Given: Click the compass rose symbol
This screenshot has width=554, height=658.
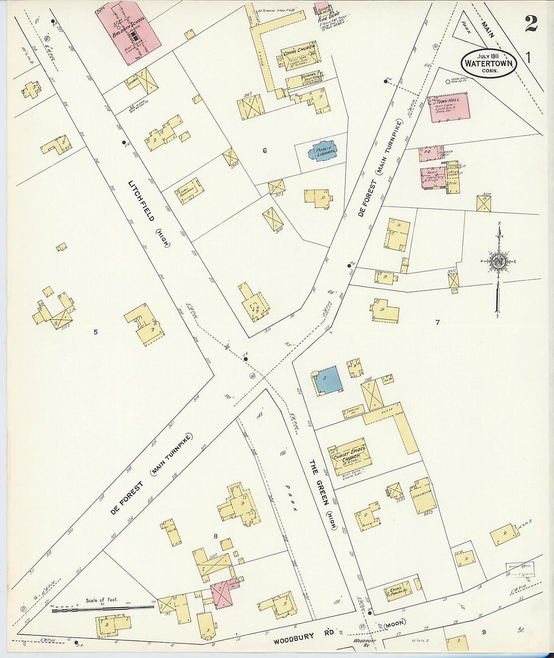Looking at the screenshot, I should coord(498,261).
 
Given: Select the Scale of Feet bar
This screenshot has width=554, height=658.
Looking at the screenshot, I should coord(103,609).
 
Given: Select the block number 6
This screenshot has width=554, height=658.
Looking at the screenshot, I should coord(264,150).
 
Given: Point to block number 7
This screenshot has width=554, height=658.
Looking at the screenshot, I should coord(438,322).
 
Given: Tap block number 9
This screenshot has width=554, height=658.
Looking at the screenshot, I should coord(483,631).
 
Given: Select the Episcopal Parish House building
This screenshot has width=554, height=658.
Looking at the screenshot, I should coord(398,594).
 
